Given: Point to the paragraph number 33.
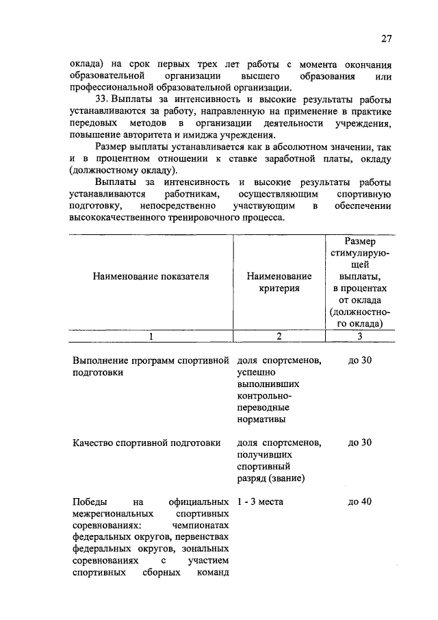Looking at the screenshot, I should (x=103, y=99).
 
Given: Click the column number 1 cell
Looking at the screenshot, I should (x=151, y=336).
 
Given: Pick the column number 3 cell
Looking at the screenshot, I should (x=359, y=336).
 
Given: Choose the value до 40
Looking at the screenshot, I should (x=359, y=501).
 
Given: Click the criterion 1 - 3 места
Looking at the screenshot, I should (x=260, y=501).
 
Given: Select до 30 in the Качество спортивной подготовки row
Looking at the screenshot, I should (x=359, y=443).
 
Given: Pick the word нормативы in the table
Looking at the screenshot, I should (x=262, y=419).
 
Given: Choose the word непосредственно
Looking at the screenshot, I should (x=173, y=206).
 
